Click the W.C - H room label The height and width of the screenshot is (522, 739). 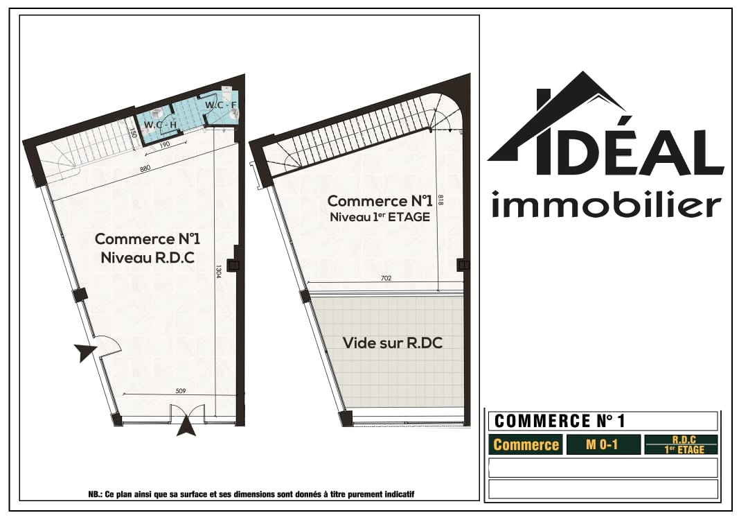160,125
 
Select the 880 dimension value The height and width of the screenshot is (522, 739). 145,168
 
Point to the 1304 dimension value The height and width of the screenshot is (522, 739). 219,271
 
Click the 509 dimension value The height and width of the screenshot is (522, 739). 181,391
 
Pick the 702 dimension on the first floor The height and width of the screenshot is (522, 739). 386,278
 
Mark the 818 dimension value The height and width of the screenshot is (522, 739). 441,200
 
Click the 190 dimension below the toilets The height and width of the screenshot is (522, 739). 164,146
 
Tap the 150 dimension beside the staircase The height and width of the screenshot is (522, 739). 134,134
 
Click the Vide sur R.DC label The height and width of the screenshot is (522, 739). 393,343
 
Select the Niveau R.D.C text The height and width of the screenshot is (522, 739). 148,258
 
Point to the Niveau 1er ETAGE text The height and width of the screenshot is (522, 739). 380,217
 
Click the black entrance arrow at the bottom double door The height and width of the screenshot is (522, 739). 187,427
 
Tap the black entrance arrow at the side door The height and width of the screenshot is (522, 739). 84,352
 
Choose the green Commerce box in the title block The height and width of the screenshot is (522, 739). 526,444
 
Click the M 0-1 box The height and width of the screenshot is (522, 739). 603,444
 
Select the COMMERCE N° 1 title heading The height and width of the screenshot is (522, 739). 560,421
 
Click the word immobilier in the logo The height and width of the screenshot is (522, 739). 607,205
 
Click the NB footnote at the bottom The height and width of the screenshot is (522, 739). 251,495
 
